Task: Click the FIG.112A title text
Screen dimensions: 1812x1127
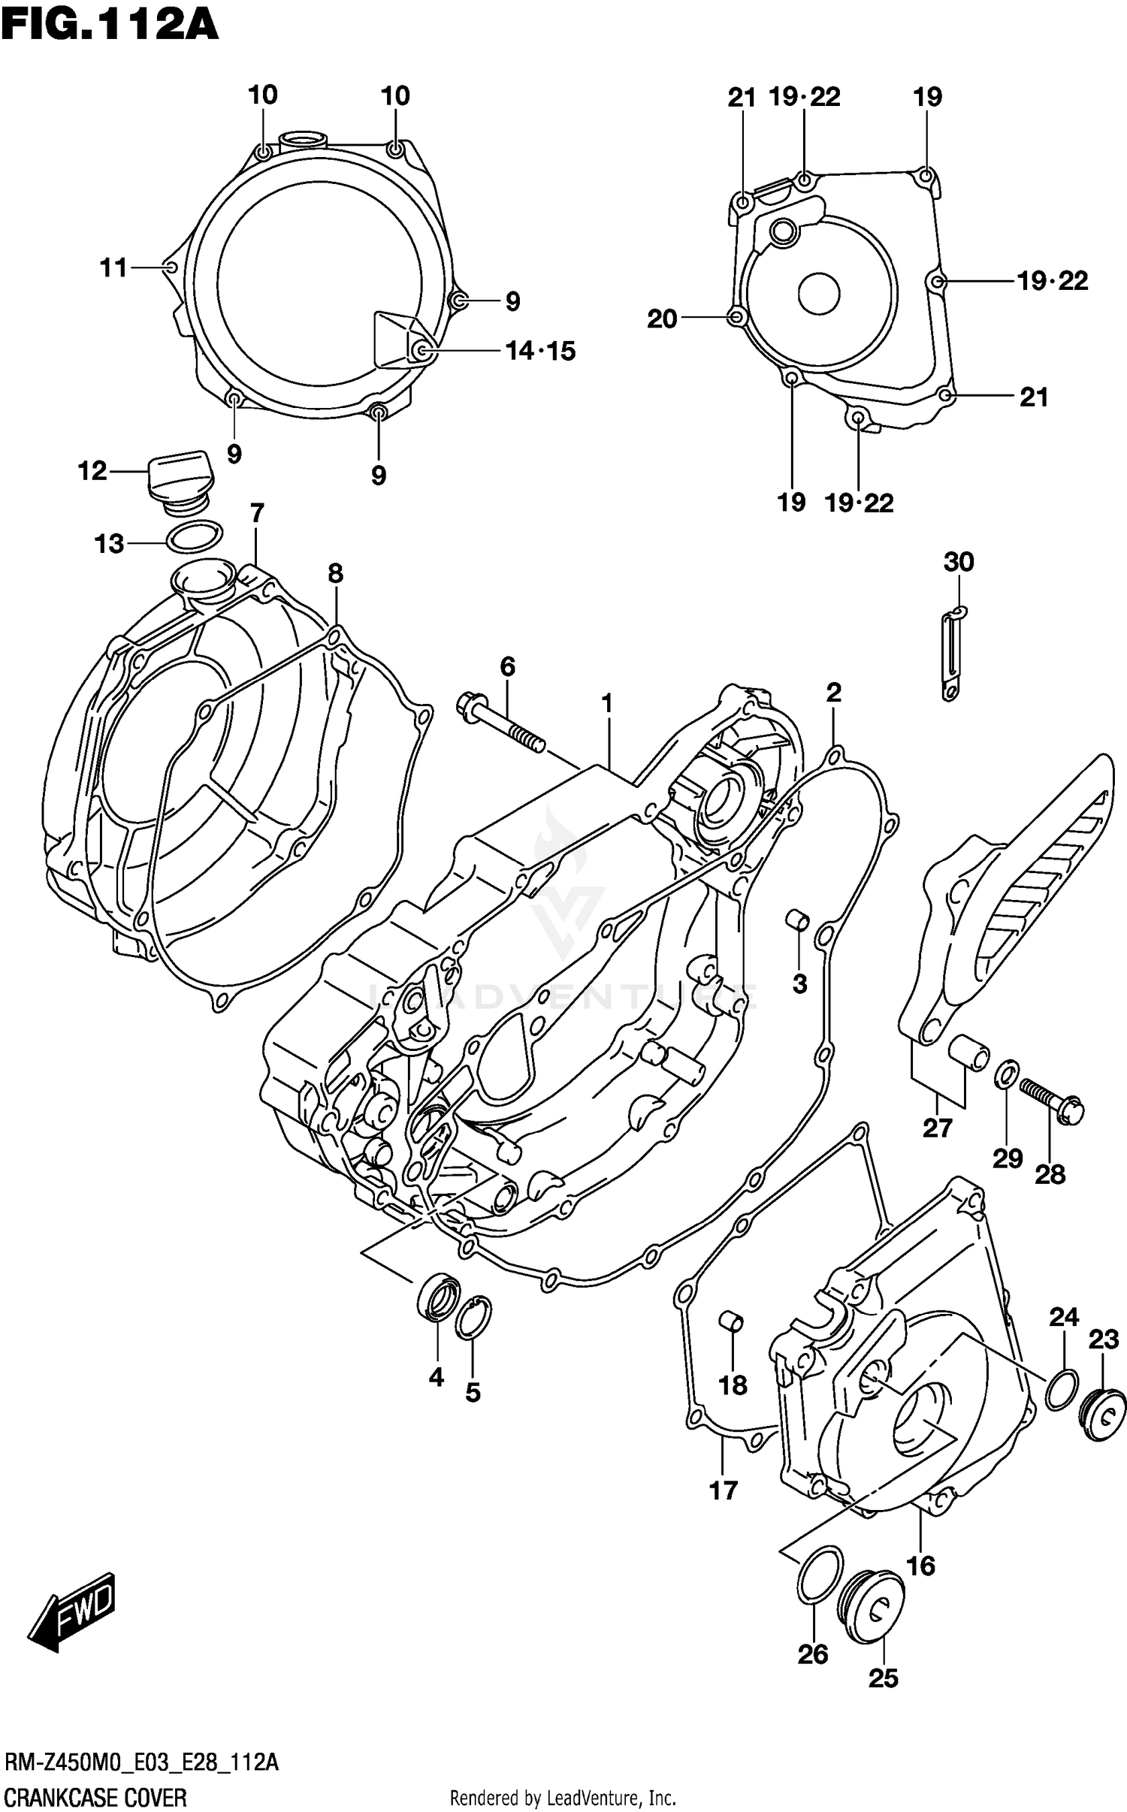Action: point(110,26)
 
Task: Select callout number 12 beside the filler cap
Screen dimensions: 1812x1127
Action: point(92,471)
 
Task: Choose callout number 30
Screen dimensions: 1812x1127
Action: point(958,562)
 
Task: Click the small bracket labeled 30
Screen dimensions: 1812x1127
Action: point(953,654)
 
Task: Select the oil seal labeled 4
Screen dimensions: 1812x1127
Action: point(437,1297)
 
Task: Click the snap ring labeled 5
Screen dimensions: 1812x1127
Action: point(473,1318)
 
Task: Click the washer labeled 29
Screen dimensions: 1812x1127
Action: point(1007,1074)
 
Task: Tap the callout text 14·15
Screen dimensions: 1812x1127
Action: point(540,351)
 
